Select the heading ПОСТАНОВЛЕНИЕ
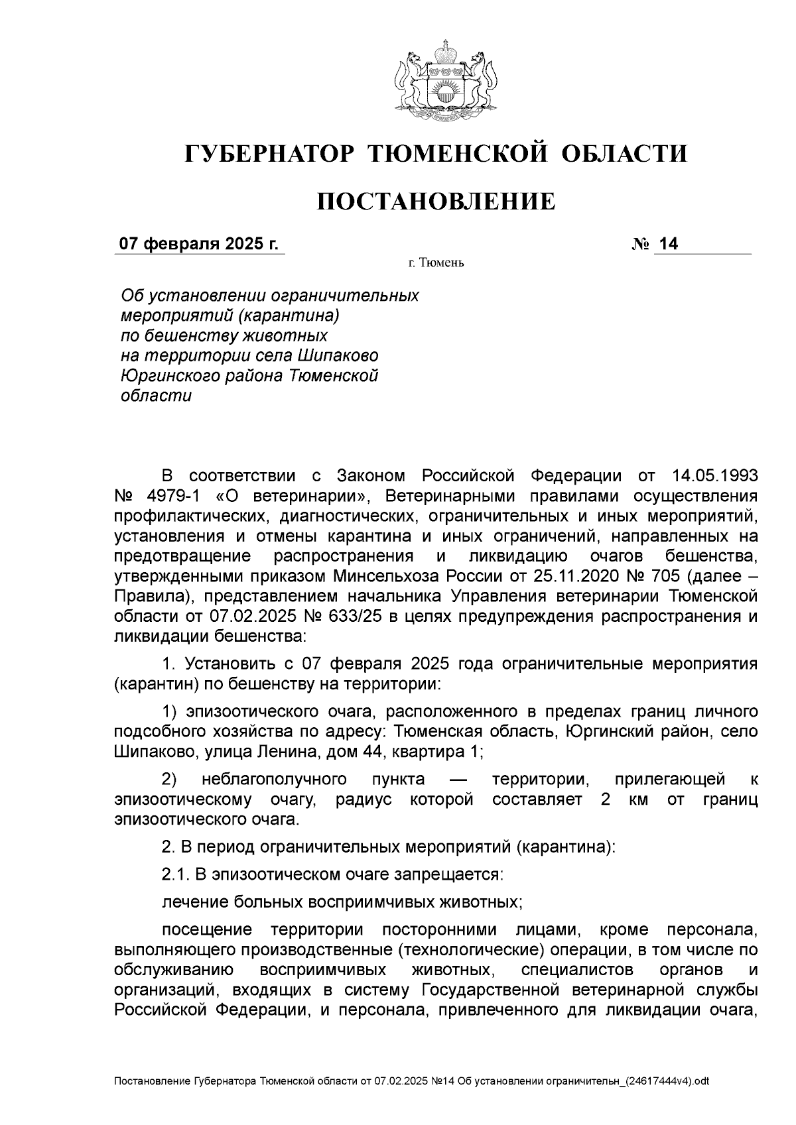click(436, 202)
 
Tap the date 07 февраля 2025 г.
click(198, 245)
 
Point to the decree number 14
click(669, 245)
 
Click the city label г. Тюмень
click(436, 264)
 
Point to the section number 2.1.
click(176, 874)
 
